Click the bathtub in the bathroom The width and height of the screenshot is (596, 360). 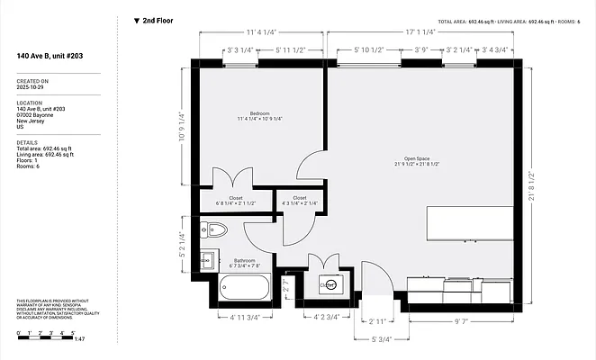click(x=244, y=289)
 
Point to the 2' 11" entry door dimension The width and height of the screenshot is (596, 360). click(x=377, y=320)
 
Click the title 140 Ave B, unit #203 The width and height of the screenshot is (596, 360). click(x=53, y=56)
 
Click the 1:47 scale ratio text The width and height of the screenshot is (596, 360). click(x=79, y=340)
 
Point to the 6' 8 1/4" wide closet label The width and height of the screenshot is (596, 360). click(x=236, y=201)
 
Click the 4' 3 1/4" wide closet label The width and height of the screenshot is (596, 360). click(x=300, y=201)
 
